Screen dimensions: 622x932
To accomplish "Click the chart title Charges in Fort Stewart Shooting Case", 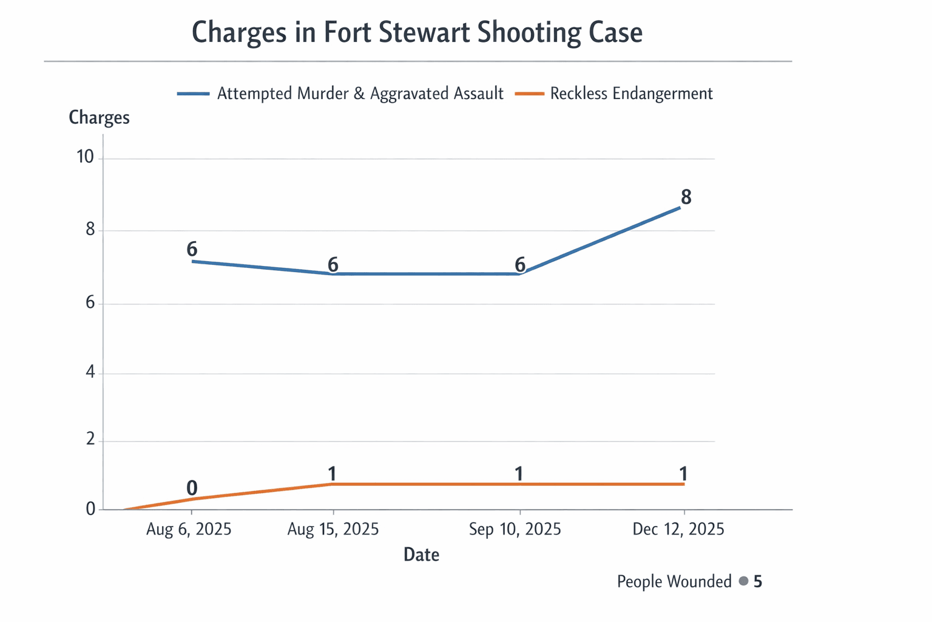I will click(417, 32).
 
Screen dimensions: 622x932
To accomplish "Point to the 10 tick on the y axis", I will click(85, 157).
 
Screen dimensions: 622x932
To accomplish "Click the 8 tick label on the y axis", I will click(90, 230).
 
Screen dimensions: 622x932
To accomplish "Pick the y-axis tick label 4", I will click(90, 372).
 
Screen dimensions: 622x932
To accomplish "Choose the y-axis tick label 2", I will click(90, 439).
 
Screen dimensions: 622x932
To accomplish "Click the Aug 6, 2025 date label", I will click(189, 529).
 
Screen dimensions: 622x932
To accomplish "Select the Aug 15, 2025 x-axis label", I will click(333, 529).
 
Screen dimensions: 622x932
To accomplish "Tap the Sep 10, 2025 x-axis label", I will click(515, 529).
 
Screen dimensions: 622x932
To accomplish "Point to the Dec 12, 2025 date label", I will click(678, 529).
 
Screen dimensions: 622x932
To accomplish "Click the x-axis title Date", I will click(421, 555).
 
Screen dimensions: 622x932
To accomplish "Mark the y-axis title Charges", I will click(99, 117).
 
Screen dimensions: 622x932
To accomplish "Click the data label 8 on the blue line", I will click(686, 197).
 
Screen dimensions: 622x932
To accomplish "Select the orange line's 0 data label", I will click(192, 488).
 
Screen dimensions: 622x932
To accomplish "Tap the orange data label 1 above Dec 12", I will click(683, 474).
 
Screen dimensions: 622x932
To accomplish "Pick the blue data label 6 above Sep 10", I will click(520, 264).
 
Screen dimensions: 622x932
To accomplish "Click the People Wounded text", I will click(674, 582).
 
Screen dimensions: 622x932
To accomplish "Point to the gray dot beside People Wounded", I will click(743, 581).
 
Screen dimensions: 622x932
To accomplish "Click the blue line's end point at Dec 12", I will click(680, 207).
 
